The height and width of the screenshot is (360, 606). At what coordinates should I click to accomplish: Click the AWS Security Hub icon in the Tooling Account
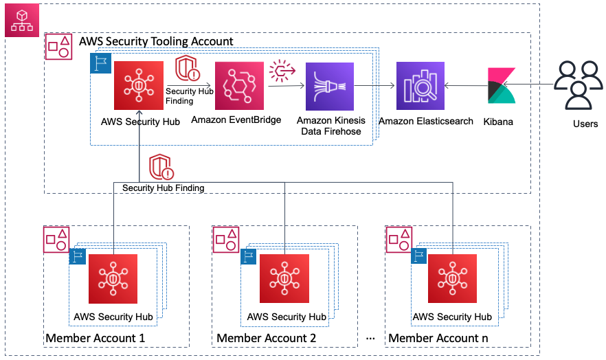(139, 86)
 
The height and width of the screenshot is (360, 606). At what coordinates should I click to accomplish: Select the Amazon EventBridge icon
(239, 86)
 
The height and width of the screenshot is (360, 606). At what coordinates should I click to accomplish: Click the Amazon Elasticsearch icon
(420, 86)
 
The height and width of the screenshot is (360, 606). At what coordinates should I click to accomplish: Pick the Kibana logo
(500, 86)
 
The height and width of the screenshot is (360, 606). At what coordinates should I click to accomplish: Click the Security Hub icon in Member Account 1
(114, 278)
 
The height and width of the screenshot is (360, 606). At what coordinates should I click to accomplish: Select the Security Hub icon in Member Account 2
(284, 278)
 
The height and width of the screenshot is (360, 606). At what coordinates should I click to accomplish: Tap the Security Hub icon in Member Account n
(452, 278)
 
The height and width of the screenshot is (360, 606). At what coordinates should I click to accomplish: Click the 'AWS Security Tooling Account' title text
(156, 41)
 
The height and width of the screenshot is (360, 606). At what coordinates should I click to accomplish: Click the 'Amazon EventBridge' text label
(236, 120)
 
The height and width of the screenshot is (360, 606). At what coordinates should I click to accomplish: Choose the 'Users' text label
(585, 124)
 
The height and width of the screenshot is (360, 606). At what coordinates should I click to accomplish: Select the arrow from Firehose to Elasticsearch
(374, 86)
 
